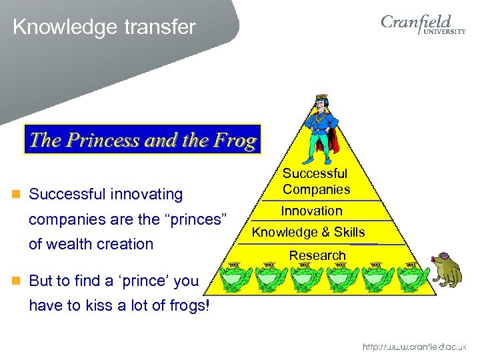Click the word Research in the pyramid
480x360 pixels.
[x=317, y=255]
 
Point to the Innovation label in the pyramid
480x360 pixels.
[x=311, y=211]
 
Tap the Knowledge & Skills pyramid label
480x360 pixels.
[x=308, y=232]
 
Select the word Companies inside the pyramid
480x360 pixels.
[x=316, y=189]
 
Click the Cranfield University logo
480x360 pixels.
[x=423, y=27]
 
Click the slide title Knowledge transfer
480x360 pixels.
[x=104, y=27]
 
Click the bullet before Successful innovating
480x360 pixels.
[x=17, y=195]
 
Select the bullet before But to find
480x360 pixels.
[x=17, y=281]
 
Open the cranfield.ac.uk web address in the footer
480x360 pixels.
[x=414, y=347]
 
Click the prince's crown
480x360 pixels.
[x=321, y=99]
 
